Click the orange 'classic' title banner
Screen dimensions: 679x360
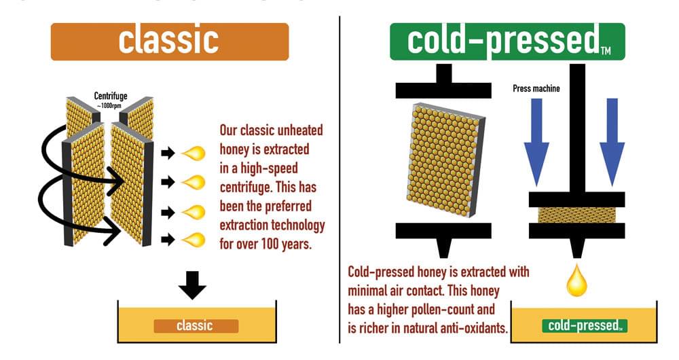point(170,41)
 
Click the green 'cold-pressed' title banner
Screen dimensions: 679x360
point(507,41)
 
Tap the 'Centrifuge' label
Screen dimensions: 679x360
point(111,96)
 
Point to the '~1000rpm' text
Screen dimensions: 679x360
point(109,106)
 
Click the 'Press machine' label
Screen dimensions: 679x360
point(536,88)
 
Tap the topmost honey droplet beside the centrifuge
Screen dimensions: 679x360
point(193,153)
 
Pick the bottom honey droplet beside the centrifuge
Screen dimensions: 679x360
point(193,240)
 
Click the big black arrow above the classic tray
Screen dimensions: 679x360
point(192,285)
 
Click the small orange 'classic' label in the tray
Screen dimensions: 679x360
point(196,326)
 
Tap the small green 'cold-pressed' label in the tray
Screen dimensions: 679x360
point(585,326)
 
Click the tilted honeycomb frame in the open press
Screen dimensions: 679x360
point(446,159)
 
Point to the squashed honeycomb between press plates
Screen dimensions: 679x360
point(576,215)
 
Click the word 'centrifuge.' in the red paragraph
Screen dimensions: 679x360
point(246,187)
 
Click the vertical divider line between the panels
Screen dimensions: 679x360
point(339,180)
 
